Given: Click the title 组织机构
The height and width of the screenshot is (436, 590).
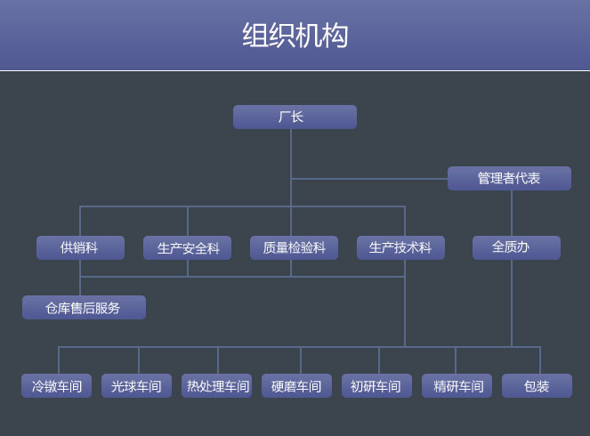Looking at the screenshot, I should [295, 36].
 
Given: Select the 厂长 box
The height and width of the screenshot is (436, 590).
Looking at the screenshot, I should [295, 117].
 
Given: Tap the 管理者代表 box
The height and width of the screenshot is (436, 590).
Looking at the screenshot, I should [509, 178].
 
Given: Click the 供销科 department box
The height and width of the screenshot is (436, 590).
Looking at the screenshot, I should [80, 247].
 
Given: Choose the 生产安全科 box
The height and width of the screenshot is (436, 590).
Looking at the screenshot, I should [187, 247].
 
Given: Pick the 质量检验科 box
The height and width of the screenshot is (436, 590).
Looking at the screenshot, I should [294, 247].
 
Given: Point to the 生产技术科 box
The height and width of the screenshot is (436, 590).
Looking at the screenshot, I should [400, 247].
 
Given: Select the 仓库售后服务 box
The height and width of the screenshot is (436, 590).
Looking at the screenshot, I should [84, 308].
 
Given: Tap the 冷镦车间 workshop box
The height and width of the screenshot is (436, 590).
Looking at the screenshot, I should [57, 386].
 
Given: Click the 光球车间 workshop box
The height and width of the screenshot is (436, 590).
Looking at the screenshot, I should [136, 386].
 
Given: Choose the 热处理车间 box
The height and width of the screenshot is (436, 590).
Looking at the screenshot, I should [216, 386].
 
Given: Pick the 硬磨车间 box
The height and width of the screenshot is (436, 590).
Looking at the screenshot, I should [296, 386].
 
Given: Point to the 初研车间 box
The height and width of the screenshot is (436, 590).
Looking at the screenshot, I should [376, 386].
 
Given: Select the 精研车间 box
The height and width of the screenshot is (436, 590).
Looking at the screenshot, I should [457, 386].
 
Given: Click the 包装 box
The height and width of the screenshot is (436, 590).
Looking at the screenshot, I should [537, 386].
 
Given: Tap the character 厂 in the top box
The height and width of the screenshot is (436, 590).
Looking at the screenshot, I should [285, 117].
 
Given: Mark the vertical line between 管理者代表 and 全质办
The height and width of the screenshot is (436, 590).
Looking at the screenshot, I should [512, 214].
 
